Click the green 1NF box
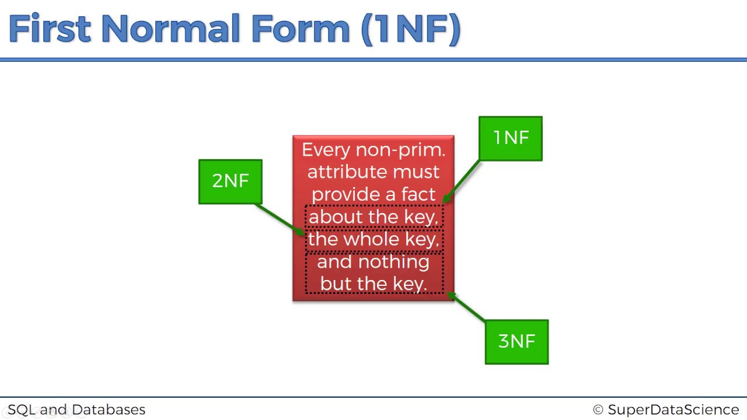coord(510,138)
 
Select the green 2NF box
coord(231,181)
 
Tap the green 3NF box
coord(516,342)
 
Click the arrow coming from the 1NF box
coord(461,181)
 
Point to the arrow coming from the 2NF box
coord(280,220)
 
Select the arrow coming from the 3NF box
coord(466,307)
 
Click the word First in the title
coord(50,29)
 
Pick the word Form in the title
coord(300,29)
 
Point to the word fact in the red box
coord(418,194)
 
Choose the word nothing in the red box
coord(394,262)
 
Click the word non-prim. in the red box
coord(400,150)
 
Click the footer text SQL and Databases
coord(76,409)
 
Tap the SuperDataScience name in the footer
coord(673,409)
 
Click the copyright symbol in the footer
coord(598,409)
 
